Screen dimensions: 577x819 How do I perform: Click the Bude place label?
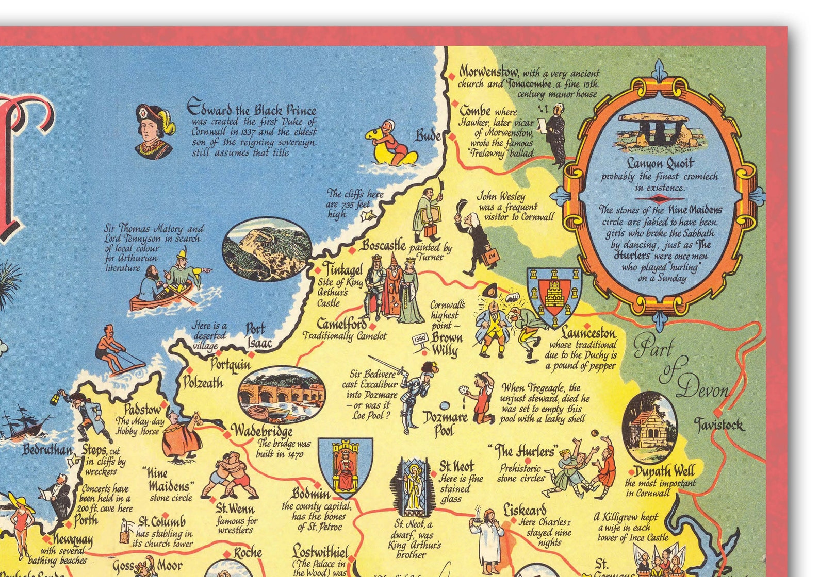point(428,135)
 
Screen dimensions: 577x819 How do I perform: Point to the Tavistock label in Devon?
point(719,425)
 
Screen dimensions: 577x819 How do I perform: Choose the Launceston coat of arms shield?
point(554,296)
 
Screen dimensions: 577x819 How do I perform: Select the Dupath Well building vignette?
point(650,428)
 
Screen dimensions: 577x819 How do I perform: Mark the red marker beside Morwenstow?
point(452,76)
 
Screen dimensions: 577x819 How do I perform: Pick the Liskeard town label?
point(525,510)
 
